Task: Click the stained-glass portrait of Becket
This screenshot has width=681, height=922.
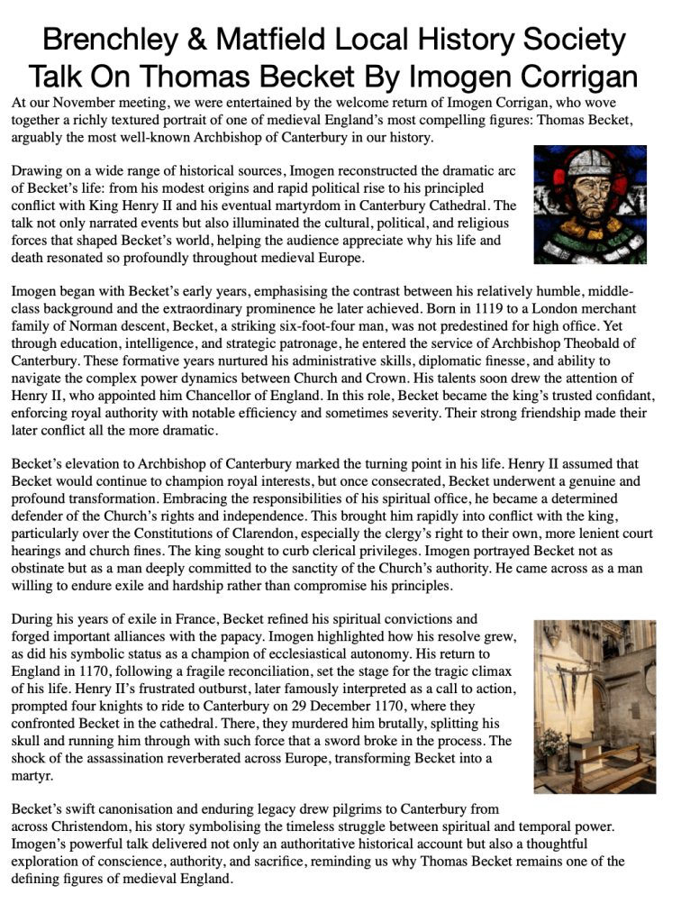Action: click(589, 204)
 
